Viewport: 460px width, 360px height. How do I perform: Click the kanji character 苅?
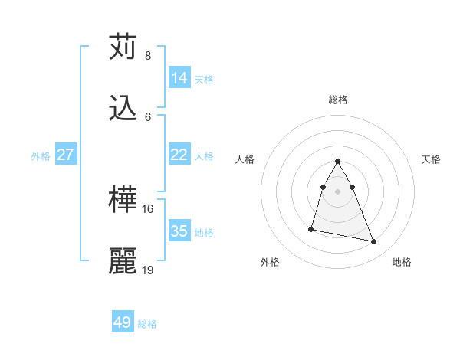(123, 47)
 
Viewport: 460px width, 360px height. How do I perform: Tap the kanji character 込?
(123, 110)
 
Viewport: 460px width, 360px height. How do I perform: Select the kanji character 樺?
(123, 201)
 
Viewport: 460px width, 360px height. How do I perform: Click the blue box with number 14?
(179, 78)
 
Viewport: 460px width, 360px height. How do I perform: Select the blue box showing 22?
(179, 155)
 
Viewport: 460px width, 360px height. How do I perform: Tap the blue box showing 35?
(179, 231)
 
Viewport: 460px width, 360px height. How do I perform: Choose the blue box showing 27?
(65, 155)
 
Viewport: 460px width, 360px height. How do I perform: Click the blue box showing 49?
(123, 322)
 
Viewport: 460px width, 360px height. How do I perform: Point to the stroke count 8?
(148, 56)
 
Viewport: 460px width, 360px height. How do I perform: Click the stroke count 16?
(148, 208)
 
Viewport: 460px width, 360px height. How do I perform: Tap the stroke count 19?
(148, 270)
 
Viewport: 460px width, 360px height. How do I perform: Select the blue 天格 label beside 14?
(204, 79)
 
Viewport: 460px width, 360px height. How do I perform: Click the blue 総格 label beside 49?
(147, 324)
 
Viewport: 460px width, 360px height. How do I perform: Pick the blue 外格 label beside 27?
(41, 155)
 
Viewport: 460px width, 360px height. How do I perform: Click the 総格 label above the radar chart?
(338, 100)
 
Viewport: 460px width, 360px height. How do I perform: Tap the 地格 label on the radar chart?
(402, 262)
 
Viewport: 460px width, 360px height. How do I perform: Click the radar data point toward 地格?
(374, 242)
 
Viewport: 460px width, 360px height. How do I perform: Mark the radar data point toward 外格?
(311, 228)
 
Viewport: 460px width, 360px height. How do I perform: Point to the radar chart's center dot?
(338, 191)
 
